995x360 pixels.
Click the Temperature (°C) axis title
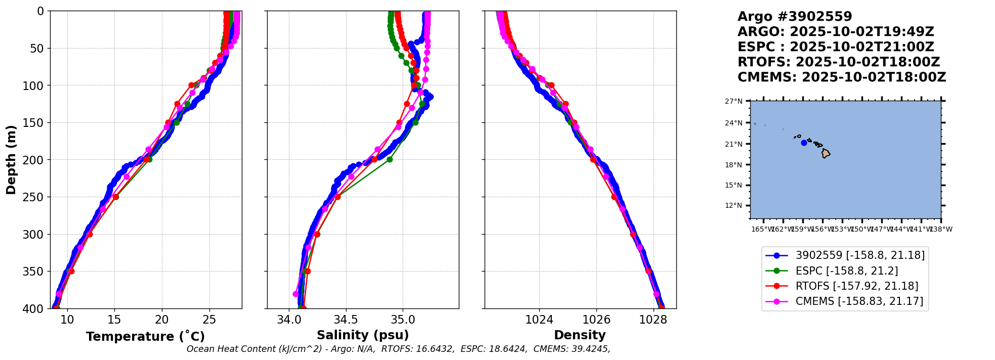click(x=145, y=337)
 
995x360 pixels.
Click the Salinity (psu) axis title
click(x=363, y=335)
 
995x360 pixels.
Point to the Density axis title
click(x=580, y=335)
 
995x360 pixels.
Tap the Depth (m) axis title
click(x=11, y=160)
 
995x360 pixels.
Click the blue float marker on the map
click(x=804, y=143)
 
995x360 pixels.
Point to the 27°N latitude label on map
click(x=733, y=101)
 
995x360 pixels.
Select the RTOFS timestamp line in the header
click(x=838, y=62)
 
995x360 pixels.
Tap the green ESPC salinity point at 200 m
click(x=390, y=159)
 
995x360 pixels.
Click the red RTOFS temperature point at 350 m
click(x=71, y=271)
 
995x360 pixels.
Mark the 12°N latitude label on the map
click(x=733, y=205)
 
